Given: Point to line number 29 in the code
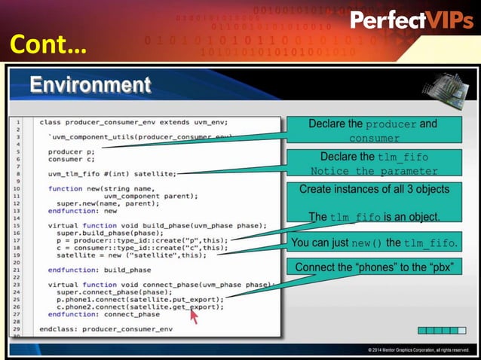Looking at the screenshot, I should click(15, 329).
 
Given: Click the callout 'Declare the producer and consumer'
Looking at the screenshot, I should click(372, 131).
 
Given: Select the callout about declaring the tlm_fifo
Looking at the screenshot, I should click(374, 163).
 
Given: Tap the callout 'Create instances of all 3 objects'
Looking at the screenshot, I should click(374, 189).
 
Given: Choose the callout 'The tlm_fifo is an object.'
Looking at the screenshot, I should click(374, 217).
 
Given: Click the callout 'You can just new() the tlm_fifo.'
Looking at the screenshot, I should click(374, 243).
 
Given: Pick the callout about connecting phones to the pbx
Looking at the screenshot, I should click(373, 267).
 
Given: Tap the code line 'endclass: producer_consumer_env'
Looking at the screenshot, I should click(106, 329).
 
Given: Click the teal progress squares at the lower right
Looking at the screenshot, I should click(438, 330).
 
